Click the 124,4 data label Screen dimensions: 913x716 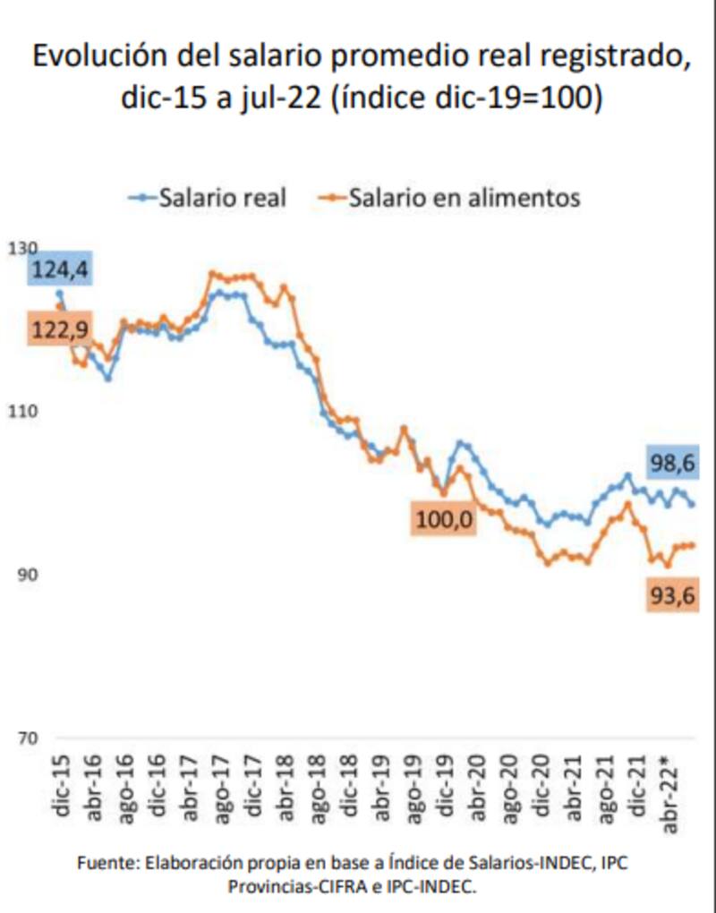63,270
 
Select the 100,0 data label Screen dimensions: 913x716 444,519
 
